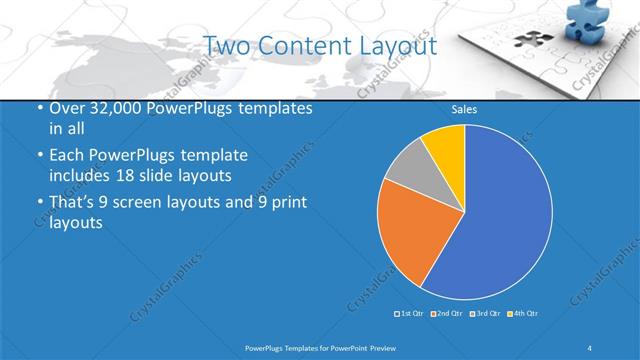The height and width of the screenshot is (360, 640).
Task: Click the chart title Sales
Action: (x=464, y=109)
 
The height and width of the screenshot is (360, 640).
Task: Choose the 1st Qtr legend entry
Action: (x=409, y=314)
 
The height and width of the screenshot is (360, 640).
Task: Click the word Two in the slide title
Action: (x=226, y=46)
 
